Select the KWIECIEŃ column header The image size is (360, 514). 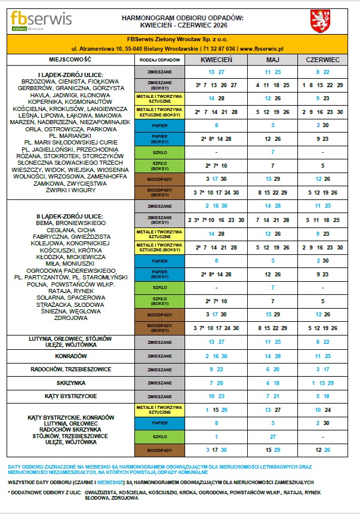[216, 60]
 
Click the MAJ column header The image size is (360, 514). [272, 60]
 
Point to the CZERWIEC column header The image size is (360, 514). [322, 60]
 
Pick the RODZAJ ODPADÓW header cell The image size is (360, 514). [159, 60]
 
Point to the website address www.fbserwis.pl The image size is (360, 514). [261, 48]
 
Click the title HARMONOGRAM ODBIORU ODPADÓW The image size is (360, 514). [183, 19]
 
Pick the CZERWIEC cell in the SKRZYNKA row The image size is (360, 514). [322, 383]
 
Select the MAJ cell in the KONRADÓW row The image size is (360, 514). [272, 356]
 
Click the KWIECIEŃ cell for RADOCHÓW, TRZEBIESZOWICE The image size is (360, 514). [216, 370]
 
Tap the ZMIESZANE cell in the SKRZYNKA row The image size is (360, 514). [159, 383]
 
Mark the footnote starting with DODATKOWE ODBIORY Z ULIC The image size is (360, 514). [179, 494]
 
